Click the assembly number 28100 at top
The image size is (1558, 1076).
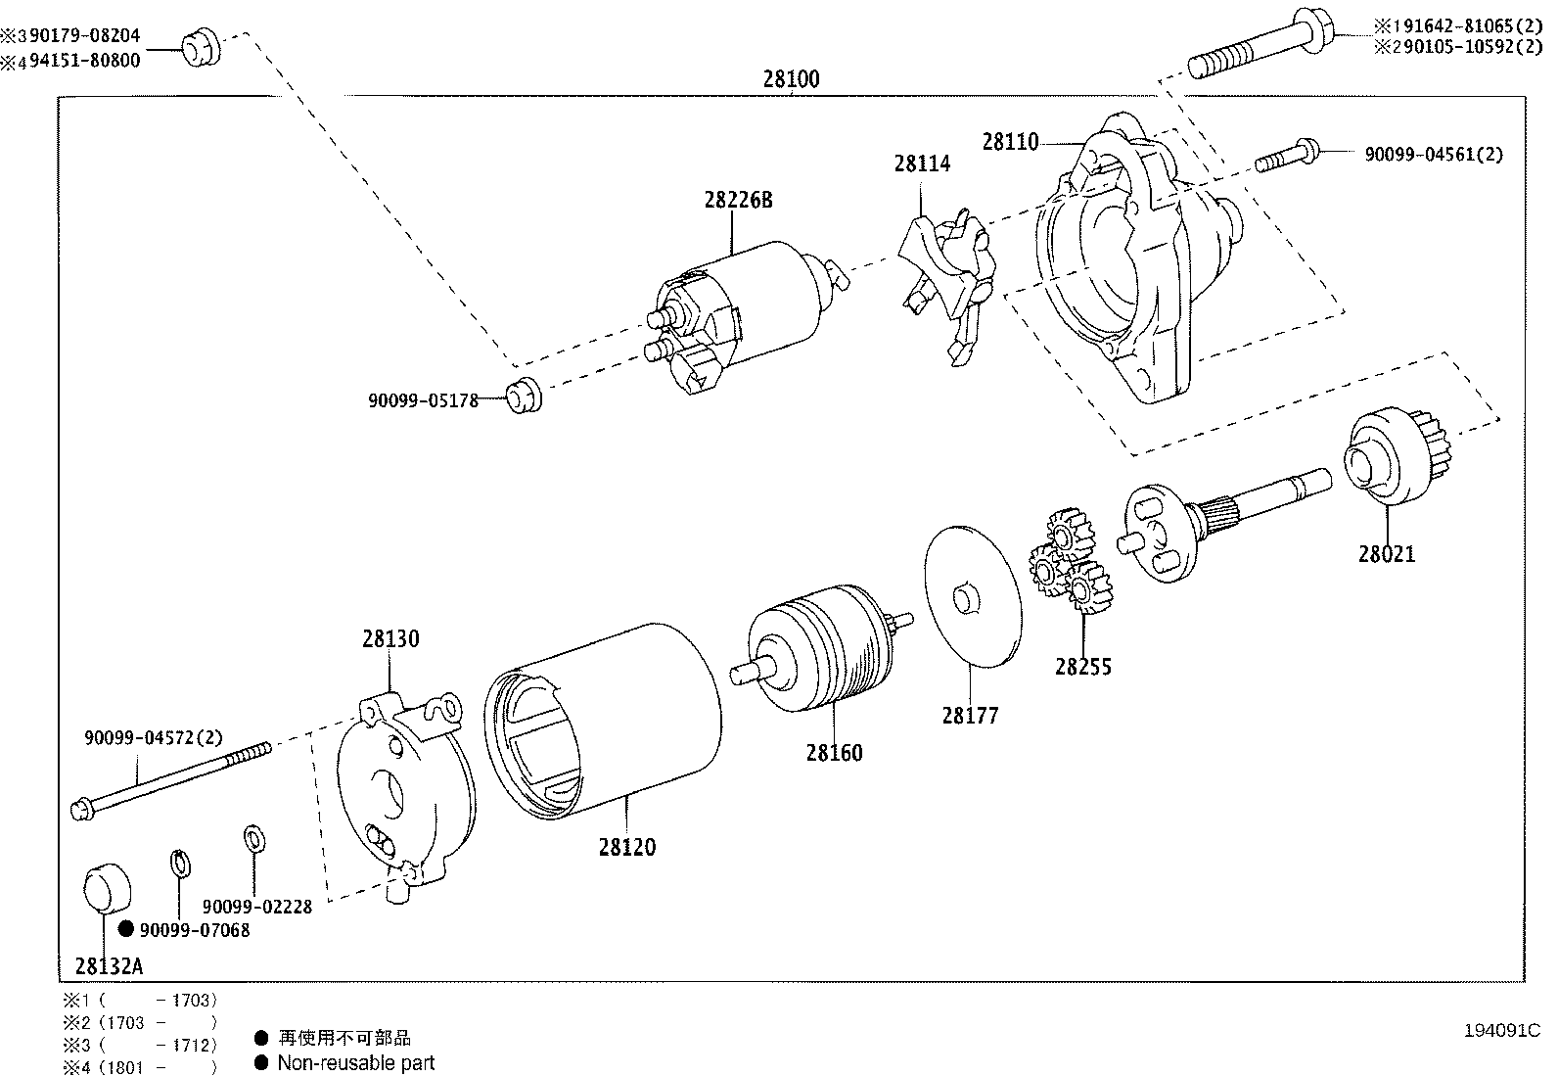(791, 79)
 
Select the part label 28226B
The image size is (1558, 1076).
(738, 200)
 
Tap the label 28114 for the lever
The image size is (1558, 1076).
(921, 164)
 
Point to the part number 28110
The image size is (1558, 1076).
(1010, 142)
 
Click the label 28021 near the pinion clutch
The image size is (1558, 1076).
(1386, 554)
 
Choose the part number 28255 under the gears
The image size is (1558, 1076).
(1082, 667)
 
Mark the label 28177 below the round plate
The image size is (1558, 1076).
(970, 716)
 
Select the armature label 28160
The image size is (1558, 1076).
(834, 753)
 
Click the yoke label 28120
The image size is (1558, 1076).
(626, 847)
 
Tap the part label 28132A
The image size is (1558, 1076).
(109, 967)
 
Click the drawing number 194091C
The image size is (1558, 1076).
(1501, 1030)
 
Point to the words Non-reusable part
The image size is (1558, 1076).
(355, 1062)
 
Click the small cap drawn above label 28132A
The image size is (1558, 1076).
(104, 887)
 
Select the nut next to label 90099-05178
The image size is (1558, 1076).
(523, 395)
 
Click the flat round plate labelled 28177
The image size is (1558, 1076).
(972, 596)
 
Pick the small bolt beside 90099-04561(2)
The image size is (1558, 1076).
(1286, 157)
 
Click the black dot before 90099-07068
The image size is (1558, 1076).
(125, 929)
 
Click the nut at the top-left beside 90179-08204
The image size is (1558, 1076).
(201, 47)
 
